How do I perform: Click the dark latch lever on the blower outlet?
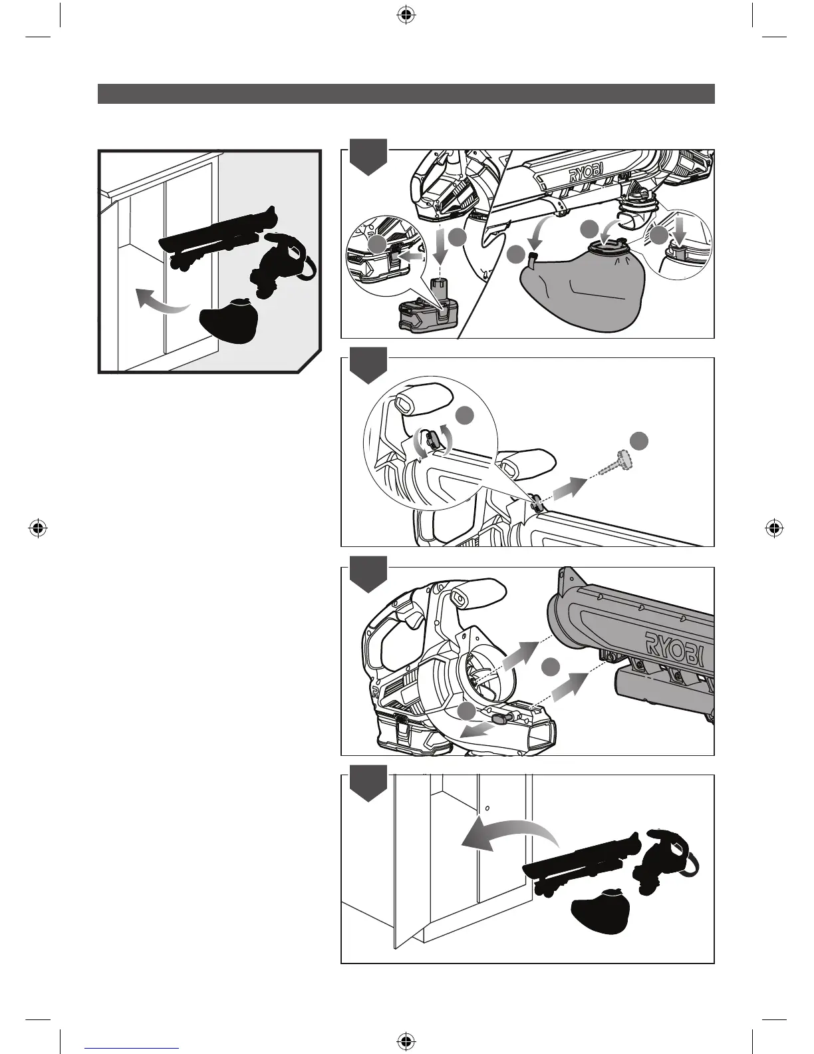click(x=503, y=718)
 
